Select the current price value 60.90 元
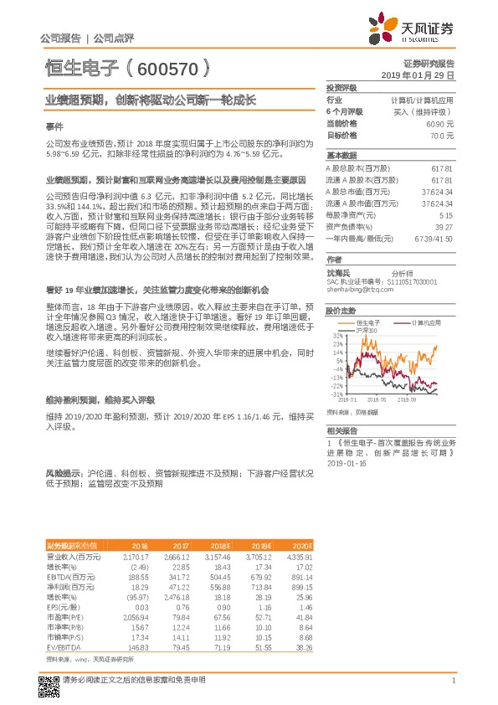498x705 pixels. pos(439,123)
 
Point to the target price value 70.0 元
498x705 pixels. pos(441,135)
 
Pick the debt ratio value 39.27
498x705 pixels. pos(443,226)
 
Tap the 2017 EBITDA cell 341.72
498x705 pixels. pos(174,578)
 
